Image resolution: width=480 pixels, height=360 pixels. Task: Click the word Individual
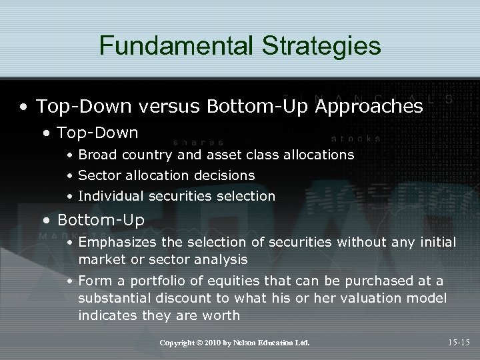coord(107,196)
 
